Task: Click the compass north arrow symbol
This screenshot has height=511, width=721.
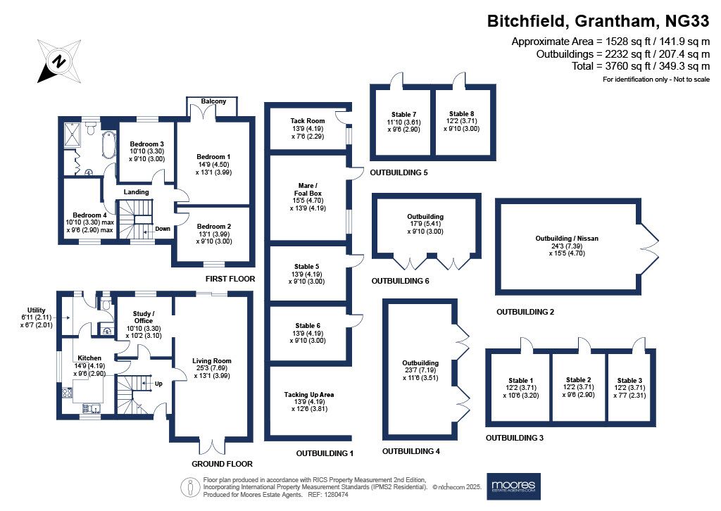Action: pyautogui.click(x=59, y=61)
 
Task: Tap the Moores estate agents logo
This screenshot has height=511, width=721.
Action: pyautogui.click(x=513, y=486)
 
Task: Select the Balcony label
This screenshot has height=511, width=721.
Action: pyautogui.click(x=213, y=101)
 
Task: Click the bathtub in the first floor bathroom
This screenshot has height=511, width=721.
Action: pyautogui.click(x=109, y=144)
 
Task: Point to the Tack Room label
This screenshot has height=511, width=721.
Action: pyautogui.click(x=308, y=121)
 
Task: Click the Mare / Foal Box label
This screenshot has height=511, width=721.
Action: pyautogui.click(x=308, y=189)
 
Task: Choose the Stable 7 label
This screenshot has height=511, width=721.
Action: pyautogui.click(x=403, y=115)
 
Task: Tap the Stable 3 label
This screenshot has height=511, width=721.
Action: pyautogui.click(x=629, y=381)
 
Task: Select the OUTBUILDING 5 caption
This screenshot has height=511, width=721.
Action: pyautogui.click(x=399, y=172)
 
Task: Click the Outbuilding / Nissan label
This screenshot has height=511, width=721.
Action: pyautogui.click(x=567, y=238)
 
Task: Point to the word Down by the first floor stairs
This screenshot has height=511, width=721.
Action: pyautogui.click(x=163, y=229)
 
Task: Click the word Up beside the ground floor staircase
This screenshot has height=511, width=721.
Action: pyautogui.click(x=158, y=384)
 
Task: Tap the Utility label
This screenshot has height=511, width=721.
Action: pyautogui.click(x=37, y=310)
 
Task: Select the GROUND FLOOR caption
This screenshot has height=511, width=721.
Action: pyautogui.click(x=222, y=464)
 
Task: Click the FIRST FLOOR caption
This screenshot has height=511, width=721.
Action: pyautogui.click(x=230, y=279)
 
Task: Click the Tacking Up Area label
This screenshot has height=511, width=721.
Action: pyautogui.click(x=309, y=394)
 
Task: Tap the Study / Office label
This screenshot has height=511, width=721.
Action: pyautogui.click(x=144, y=317)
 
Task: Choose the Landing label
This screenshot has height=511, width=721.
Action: pyautogui.click(x=136, y=192)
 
